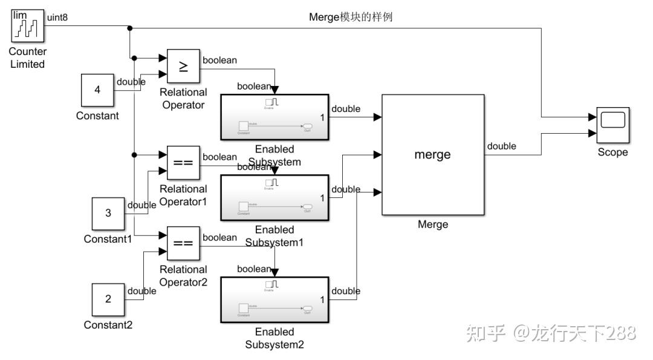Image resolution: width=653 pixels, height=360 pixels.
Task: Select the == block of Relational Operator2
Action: click(x=183, y=244)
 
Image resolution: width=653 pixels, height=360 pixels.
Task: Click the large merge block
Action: click(x=432, y=154)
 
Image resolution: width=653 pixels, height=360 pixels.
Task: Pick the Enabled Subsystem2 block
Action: click(x=275, y=299)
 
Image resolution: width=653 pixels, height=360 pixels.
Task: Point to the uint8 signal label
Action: click(x=57, y=18)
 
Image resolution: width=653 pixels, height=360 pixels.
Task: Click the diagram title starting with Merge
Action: click(x=351, y=17)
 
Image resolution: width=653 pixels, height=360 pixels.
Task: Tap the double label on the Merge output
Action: click(x=501, y=146)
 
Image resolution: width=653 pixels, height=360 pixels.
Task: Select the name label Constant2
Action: click(x=108, y=325)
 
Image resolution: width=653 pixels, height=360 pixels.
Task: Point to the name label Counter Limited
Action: click(x=27, y=58)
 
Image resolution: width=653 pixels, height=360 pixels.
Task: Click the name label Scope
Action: click(x=612, y=152)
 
